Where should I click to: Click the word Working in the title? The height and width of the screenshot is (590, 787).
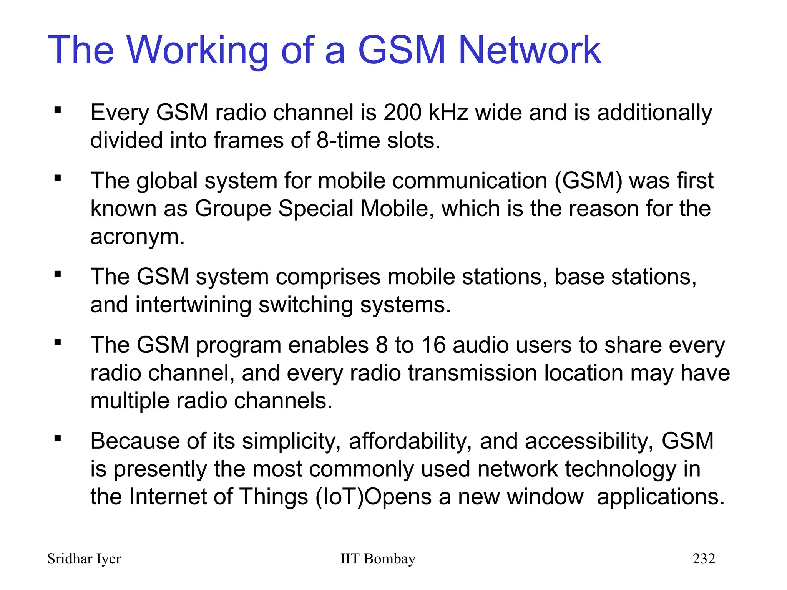pyautogui.click(x=197, y=51)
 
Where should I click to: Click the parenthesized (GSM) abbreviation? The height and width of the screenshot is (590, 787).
pyautogui.click(x=588, y=181)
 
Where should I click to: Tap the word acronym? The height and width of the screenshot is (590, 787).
pyautogui.click(x=137, y=237)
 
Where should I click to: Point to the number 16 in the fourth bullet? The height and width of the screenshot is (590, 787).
pyautogui.click(x=433, y=345)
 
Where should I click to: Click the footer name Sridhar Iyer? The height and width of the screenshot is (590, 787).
pyautogui.click(x=84, y=559)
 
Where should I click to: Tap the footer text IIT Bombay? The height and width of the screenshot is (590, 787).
pyautogui.click(x=378, y=559)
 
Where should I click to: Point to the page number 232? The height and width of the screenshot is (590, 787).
pyautogui.click(x=704, y=559)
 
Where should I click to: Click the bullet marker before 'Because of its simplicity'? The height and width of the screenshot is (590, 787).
pyautogui.click(x=58, y=438)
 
